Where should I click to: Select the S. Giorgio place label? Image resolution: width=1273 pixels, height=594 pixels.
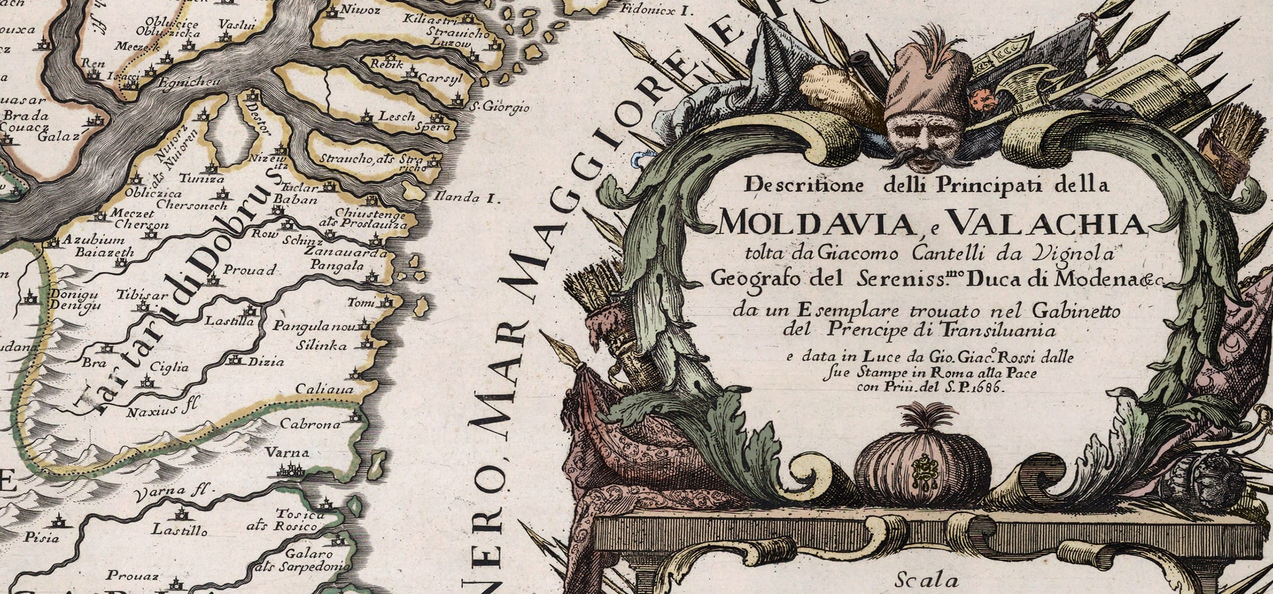[x=499, y=107]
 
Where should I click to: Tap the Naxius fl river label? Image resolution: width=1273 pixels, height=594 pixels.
[x=162, y=411]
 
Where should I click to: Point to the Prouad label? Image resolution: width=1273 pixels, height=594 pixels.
[x=249, y=270]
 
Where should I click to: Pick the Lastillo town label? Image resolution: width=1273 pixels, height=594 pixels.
[x=179, y=529]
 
